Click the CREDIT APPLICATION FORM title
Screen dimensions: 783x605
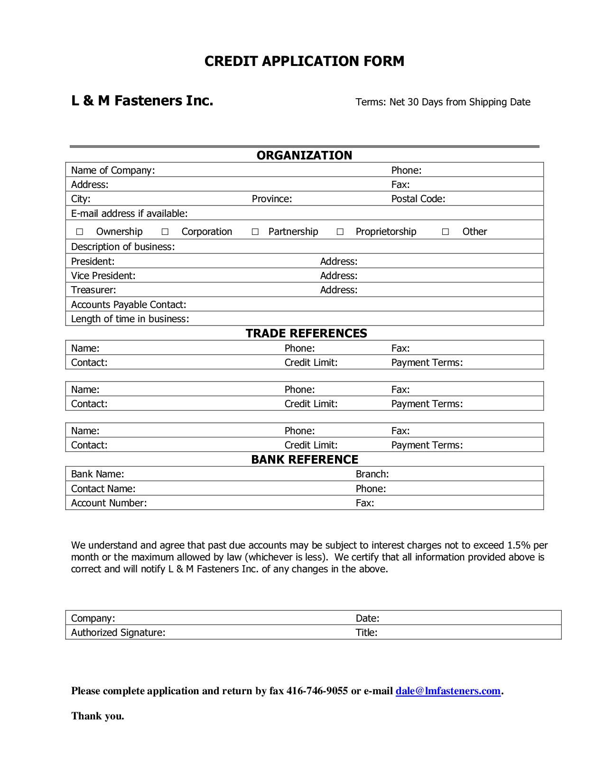point(304,61)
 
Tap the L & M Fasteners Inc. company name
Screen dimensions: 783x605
point(142,101)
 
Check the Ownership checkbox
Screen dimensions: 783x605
point(80,232)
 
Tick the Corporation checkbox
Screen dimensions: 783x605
point(165,232)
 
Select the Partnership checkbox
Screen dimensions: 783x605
point(255,232)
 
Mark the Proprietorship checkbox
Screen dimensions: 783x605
point(340,232)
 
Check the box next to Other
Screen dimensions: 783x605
point(446,232)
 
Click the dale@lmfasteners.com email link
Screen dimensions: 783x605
point(448,691)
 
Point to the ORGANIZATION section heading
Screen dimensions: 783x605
point(304,156)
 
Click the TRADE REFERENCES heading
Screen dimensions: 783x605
point(306,333)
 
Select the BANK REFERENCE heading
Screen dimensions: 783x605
point(304,459)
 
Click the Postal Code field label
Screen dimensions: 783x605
point(418,199)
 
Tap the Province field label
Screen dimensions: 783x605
point(272,199)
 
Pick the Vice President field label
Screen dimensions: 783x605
point(103,276)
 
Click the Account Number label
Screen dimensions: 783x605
point(109,503)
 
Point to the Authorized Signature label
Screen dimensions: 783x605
point(118,633)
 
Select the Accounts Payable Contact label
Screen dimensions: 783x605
point(129,305)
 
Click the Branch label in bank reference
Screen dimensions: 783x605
point(372,474)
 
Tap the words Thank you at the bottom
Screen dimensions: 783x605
point(98,716)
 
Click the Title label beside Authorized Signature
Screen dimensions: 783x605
point(366,633)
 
